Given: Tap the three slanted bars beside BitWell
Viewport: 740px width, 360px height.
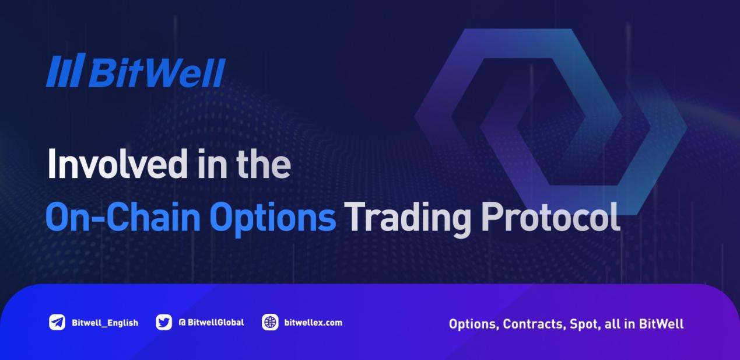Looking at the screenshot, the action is click(66, 70).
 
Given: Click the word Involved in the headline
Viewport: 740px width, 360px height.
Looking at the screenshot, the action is click(118, 164).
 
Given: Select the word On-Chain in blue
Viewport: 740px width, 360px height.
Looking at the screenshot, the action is click(123, 217).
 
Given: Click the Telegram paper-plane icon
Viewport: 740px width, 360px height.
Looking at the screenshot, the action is click(57, 322).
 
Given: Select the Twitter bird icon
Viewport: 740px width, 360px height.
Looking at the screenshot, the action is click(164, 322).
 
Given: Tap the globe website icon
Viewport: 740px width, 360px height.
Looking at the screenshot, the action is click(270, 322).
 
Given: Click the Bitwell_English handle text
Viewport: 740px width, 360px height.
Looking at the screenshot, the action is click(105, 323).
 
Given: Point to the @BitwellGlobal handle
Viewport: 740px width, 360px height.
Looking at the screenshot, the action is click(211, 322).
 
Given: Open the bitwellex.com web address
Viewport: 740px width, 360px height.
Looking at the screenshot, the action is click(313, 322).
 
